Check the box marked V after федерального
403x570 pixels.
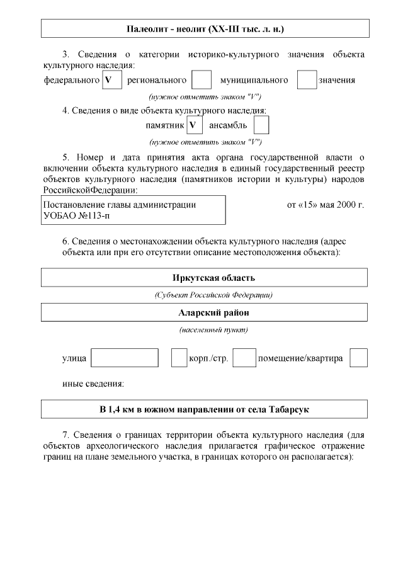pos(111,80)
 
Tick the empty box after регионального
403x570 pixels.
pos(201,80)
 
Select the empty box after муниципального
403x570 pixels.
pos(307,80)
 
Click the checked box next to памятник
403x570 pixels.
pos(195,125)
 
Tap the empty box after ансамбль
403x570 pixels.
pos(261,125)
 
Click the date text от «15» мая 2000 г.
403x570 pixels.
pos(326,205)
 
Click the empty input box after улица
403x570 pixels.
pos(125,358)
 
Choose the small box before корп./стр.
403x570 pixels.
pos(179,358)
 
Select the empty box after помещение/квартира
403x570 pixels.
pos(358,358)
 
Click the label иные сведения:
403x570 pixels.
pos(93,384)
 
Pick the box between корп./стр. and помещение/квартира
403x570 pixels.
pos(244,358)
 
